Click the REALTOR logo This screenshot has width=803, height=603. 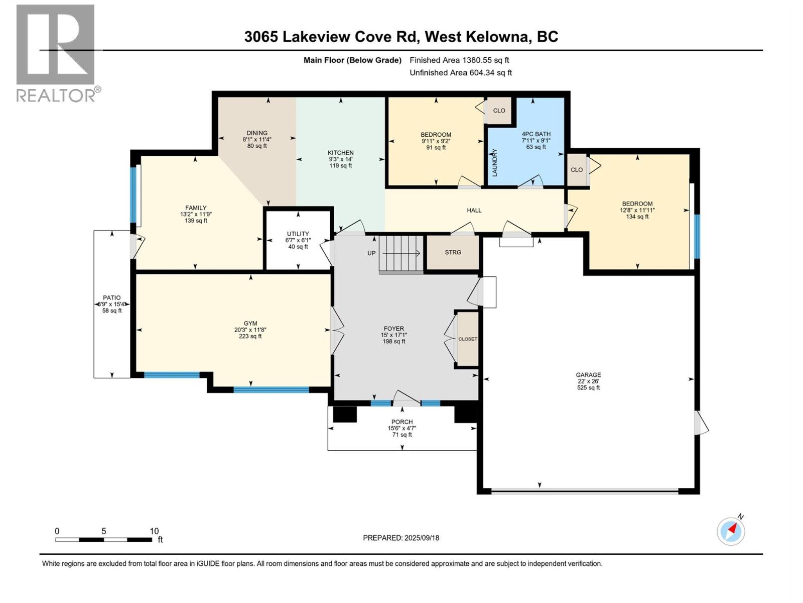(x=56, y=53)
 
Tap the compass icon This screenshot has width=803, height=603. (x=731, y=531)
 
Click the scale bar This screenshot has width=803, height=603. (x=103, y=539)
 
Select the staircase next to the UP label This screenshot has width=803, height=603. (x=401, y=254)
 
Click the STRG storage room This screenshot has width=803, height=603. (x=453, y=252)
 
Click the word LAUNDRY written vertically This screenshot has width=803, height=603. (x=494, y=162)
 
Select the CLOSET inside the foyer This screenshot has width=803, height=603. (x=468, y=339)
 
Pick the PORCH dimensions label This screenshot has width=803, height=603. (x=402, y=428)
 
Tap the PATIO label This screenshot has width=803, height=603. (x=111, y=297)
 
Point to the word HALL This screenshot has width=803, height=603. (x=474, y=210)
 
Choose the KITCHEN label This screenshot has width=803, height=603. (x=341, y=153)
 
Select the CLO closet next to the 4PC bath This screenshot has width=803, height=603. (x=499, y=111)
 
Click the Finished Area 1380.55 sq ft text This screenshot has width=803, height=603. (x=459, y=60)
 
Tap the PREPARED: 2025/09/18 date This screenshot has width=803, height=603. (x=401, y=538)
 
